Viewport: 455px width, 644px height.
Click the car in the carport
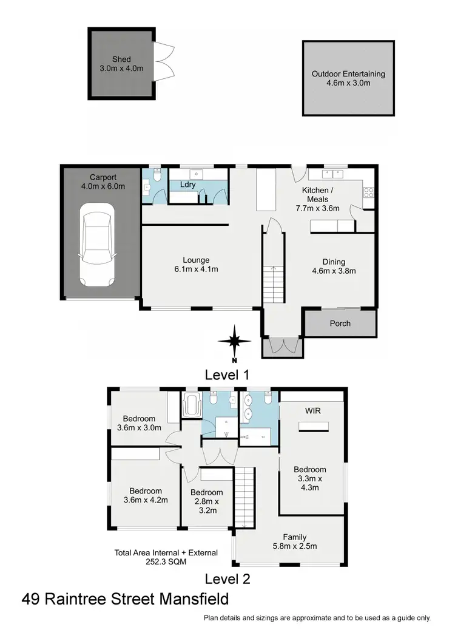coord(97,245)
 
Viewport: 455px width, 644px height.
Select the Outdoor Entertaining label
coord(348,74)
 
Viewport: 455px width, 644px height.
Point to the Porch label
coord(340,323)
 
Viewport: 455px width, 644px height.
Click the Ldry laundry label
coord(188,185)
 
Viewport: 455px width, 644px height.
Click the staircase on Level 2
coord(243,498)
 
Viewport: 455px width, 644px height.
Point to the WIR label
coord(313,411)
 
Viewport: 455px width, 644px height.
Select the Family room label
coord(294,537)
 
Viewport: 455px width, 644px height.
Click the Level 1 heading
coord(227,375)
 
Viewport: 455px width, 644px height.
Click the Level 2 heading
coord(227,578)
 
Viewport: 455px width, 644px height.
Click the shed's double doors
coord(163,62)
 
